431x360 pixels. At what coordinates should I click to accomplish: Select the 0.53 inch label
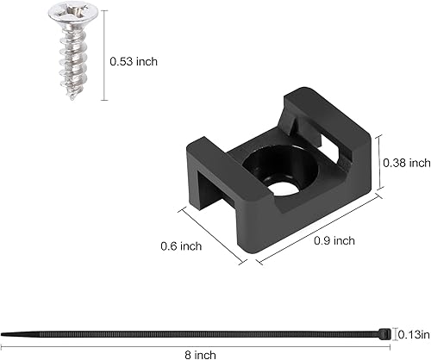[134, 61]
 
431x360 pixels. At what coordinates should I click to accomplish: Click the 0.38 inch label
[407, 163]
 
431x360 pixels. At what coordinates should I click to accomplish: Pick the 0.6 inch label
[181, 246]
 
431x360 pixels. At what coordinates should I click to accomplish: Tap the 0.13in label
[412, 334]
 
